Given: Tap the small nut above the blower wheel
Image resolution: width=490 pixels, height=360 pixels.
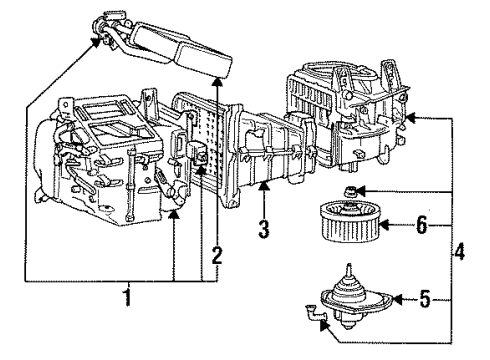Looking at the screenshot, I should [350, 191].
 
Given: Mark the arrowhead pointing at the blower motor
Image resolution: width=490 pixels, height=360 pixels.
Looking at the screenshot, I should [393, 297].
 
